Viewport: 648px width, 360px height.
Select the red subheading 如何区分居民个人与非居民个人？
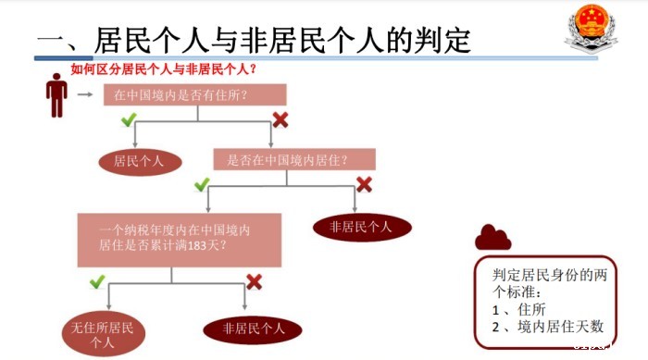(x=164, y=68)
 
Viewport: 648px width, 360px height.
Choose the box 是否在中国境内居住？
(x=294, y=159)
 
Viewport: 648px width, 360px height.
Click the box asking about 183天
(x=180, y=238)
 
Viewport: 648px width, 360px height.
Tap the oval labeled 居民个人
(x=140, y=161)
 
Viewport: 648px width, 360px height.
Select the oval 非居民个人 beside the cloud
(x=355, y=226)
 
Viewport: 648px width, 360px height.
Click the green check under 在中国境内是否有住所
(x=129, y=120)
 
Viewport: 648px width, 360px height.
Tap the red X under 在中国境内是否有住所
(x=280, y=119)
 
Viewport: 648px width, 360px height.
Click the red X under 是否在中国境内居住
(x=364, y=185)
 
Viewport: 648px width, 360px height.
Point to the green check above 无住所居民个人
(x=97, y=280)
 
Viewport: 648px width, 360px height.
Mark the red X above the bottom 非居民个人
(x=254, y=280)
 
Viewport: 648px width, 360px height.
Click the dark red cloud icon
(x=492, y=238)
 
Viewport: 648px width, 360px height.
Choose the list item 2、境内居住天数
(x=548, y=326)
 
